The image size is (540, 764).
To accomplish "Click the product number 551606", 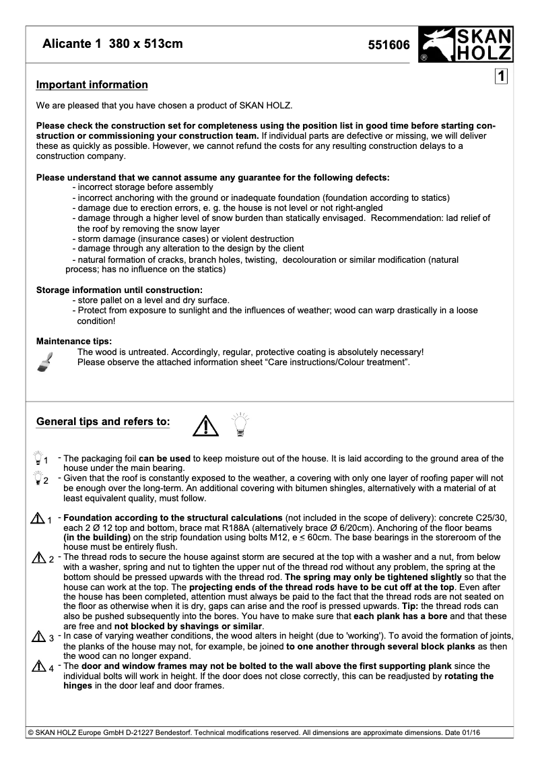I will [x=389, y=45].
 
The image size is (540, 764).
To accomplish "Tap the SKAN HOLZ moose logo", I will [x=465, y=44].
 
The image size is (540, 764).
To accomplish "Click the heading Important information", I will [x=92, y=85].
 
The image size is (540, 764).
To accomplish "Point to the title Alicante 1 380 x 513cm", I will [x=112, y=44].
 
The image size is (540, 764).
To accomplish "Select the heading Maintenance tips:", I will [x=73, y=342].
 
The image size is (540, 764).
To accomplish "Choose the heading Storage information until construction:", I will [x=119, y=290].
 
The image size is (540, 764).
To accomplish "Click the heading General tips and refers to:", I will [x=103, y=422].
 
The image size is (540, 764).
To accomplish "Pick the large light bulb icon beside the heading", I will [x=240, y=423].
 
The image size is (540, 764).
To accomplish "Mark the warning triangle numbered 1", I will [x=38, y=518].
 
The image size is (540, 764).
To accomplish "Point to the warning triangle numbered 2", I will [x=38, y=558].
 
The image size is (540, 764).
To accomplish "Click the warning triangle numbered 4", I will [x=38, y=666].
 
